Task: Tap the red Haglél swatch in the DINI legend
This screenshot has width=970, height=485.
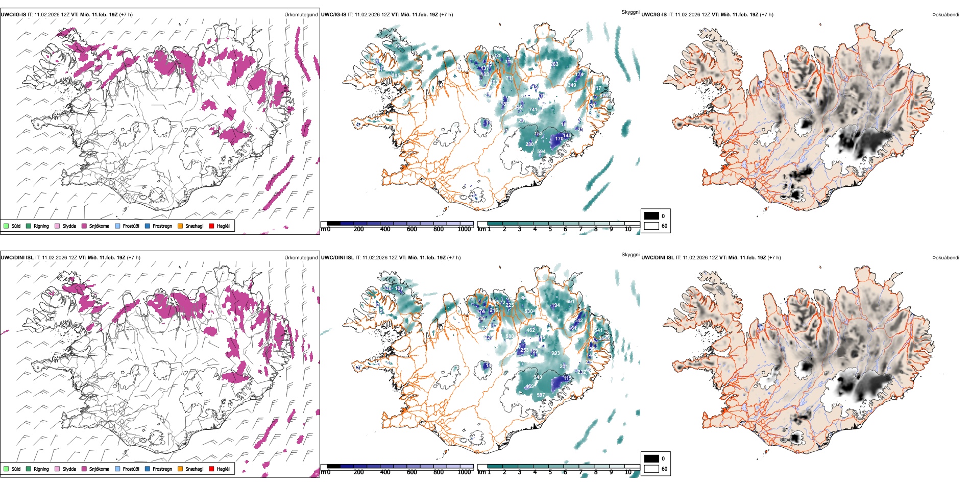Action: pyautogui.click(x=212, y=469)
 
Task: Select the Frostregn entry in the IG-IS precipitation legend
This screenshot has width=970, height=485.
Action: pyautogui.click(x=148, y=226)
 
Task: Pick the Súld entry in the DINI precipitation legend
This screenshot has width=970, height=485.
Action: pyautogui.click(x=6, y=469)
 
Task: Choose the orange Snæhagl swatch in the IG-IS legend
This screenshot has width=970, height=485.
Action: pyautogui.click(x=180, y=226)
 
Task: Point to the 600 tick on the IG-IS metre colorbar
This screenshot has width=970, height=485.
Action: pyautogui.click(x=412, y=229)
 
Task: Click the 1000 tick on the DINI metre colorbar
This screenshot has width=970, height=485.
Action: pyautogui.click(x=464, y=472)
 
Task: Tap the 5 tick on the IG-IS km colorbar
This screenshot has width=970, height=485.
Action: pyautogui.click(x=550, y=229)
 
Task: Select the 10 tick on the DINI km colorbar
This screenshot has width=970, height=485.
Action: pyautogui.click(x=628, y=472)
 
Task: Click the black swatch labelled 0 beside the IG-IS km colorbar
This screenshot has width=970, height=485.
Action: pyautogui.click(x=651, y=216)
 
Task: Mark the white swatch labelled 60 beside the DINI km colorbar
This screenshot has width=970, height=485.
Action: pyautogui.click(x=651, y=469)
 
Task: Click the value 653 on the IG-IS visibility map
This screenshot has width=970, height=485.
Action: pyautogui.click(x=398, y=46)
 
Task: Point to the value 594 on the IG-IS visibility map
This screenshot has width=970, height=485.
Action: pyautogui.click(x=541, y=152)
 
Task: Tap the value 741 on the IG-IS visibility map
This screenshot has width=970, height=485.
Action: pyautogui.click(x=533, y=110)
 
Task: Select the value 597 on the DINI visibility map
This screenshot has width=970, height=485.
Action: pyautogui.click(x=541, y=395)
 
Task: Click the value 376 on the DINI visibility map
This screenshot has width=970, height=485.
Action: pyautogui.click(x=387, y=288)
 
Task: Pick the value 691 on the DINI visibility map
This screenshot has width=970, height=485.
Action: pyautogui.click(x=570, y=302)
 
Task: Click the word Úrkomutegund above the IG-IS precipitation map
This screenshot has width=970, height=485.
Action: pyautogui.click(x=301, y=15)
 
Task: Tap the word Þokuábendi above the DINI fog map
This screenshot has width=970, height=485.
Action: pyautogui.click(x=945, y=258)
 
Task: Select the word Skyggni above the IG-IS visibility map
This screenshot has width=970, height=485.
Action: pyautogui.click(x=630, y=12)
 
